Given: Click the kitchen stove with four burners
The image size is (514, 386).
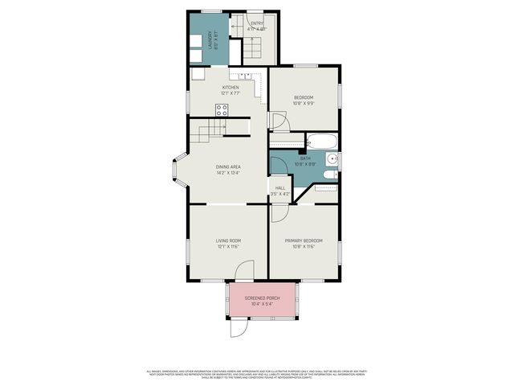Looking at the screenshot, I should [222, 110].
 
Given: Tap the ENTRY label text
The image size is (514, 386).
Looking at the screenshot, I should [256, 23].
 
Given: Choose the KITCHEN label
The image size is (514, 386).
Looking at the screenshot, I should [230, 88].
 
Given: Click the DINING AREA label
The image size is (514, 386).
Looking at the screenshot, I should [228, 166].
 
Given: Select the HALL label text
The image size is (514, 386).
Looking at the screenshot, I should [280, 188].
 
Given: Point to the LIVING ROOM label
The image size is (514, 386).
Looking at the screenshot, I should [228, 240].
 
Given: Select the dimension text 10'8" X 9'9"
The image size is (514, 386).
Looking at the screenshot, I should [304, 103].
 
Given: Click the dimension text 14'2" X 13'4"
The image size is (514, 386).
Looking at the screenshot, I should [228, 173].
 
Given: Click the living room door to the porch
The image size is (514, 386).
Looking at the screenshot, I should [248, 271].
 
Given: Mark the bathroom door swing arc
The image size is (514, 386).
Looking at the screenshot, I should [277, 164].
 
